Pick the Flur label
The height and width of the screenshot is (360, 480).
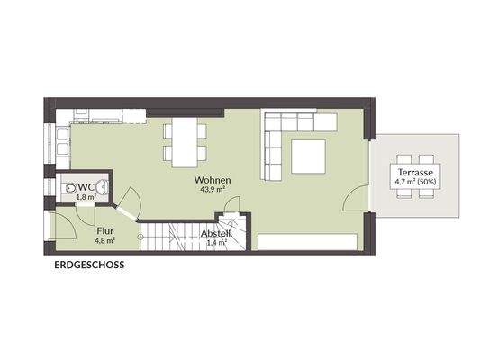(x=106, y=230)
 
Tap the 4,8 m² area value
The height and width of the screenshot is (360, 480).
(x=106, y=241)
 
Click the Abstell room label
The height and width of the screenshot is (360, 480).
(x=216, y=233)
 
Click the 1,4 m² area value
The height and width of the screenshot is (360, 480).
(x=216, y=242)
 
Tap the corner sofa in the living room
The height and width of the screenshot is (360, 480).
(x=279, y=135)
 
